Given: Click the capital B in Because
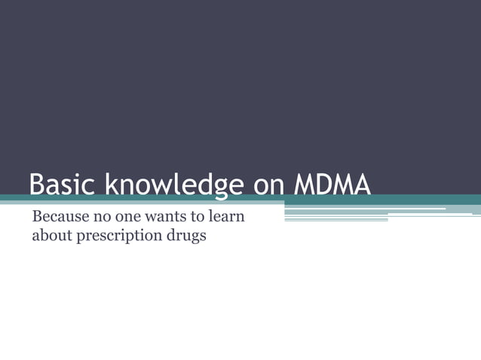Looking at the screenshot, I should tap(37, 218).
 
